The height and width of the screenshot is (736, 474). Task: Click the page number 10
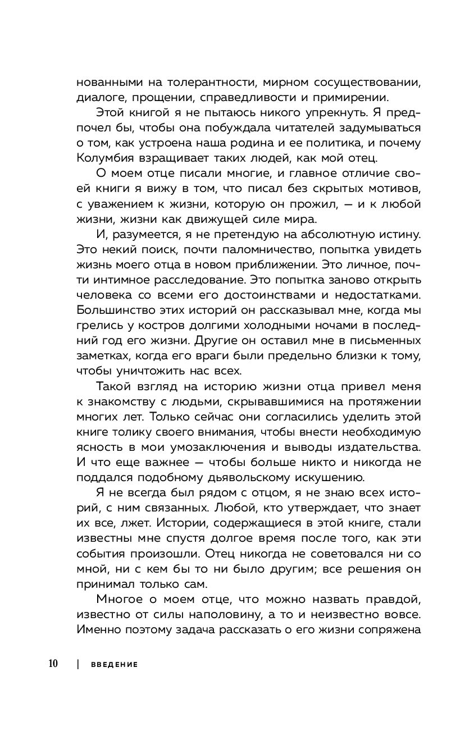(53, 664)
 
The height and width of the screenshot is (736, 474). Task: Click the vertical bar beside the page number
(76, 664)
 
